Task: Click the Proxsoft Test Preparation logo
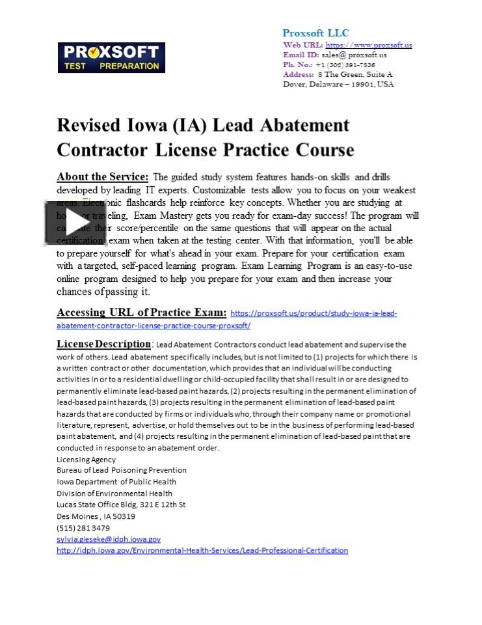(111, 58)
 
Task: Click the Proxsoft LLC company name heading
(315, 33)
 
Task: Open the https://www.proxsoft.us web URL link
(368, 46)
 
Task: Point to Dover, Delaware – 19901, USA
(338, 85)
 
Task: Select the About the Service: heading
(103, 177)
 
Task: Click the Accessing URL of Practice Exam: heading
(141, 312)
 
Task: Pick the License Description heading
(103, 344)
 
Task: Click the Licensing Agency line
(86, 459)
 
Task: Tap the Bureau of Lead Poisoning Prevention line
(122, 470)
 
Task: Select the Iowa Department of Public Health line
(116, 482)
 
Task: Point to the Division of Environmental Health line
(114, 493)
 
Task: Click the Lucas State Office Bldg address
(121, 505)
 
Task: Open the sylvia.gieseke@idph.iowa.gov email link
(109, 539)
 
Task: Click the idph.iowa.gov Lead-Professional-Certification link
(202, 550)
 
